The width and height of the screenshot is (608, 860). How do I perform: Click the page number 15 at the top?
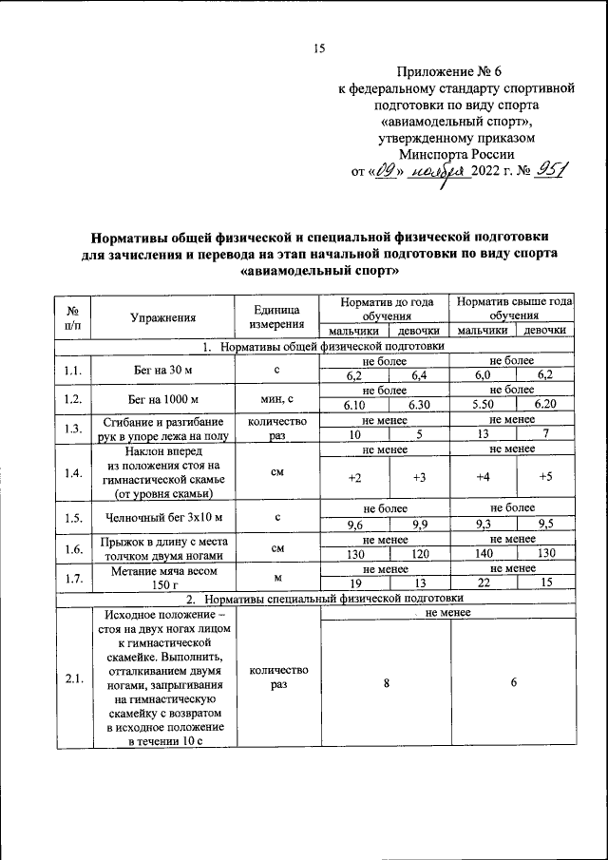319,49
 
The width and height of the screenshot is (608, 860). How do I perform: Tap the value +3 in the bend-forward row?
418,476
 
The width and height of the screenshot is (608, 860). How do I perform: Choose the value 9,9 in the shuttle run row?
418,522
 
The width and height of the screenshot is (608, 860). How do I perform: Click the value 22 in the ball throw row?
483,583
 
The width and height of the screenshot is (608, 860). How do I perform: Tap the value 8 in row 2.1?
386,682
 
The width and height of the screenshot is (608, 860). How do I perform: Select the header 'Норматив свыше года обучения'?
513,308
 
